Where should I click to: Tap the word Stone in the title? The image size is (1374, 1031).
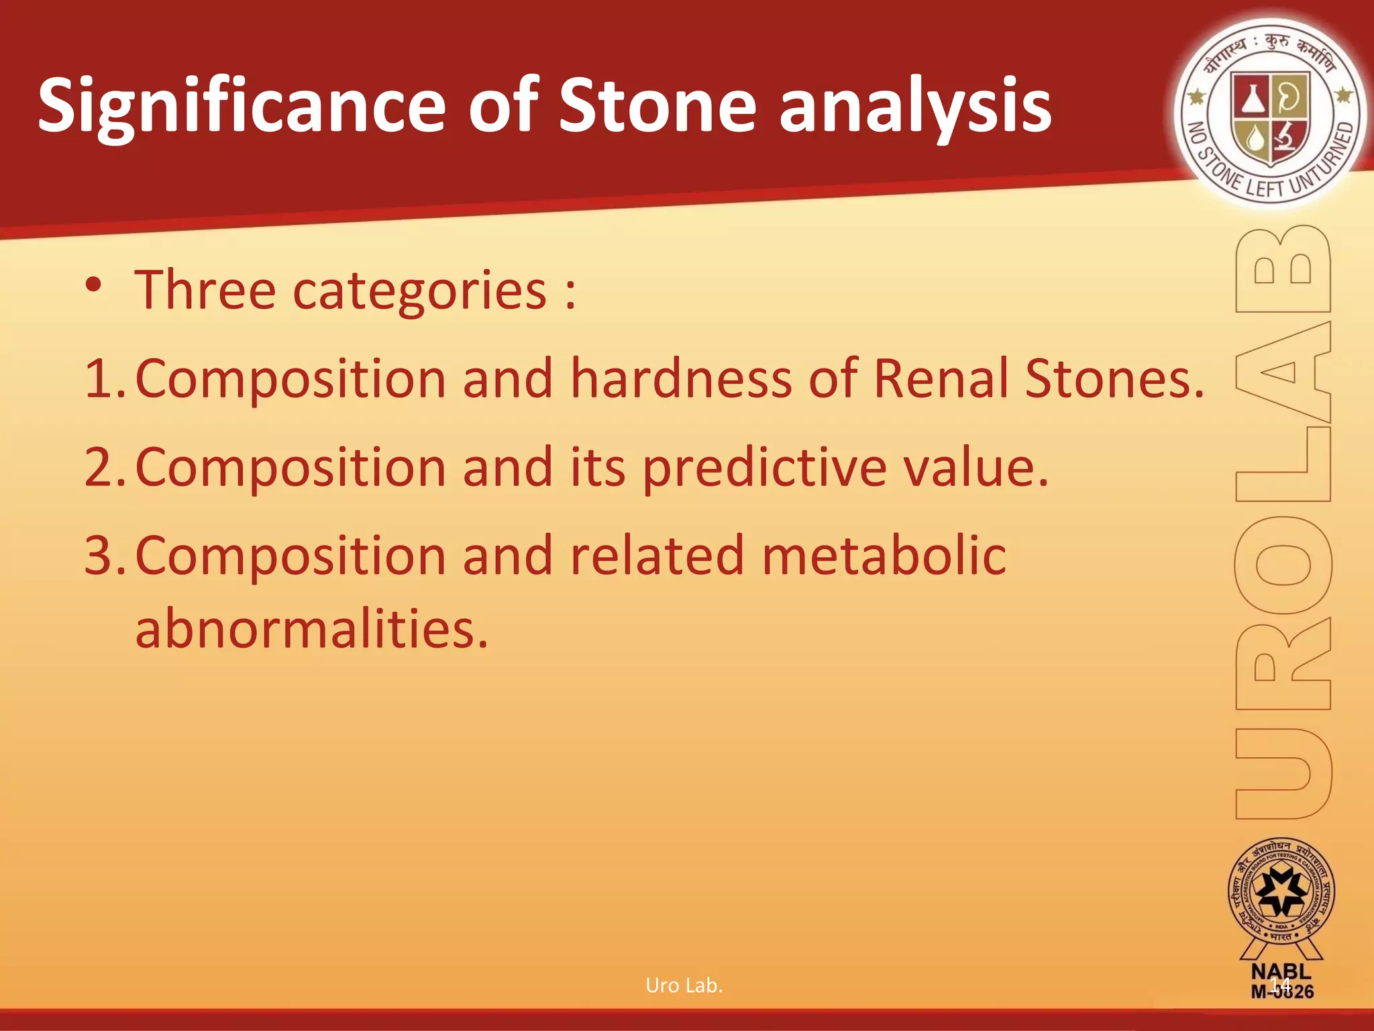tap(657, 106)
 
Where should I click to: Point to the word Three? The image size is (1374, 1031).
tap(205, 290)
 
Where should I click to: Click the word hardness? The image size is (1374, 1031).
tap(681, 379)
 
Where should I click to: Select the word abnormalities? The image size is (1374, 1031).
tap(311, 629)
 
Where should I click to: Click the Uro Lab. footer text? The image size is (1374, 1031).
tap(684, 985)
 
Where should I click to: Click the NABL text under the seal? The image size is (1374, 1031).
tap(1281, 971)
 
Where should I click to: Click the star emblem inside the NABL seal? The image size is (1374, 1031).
tap(1281, 893)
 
